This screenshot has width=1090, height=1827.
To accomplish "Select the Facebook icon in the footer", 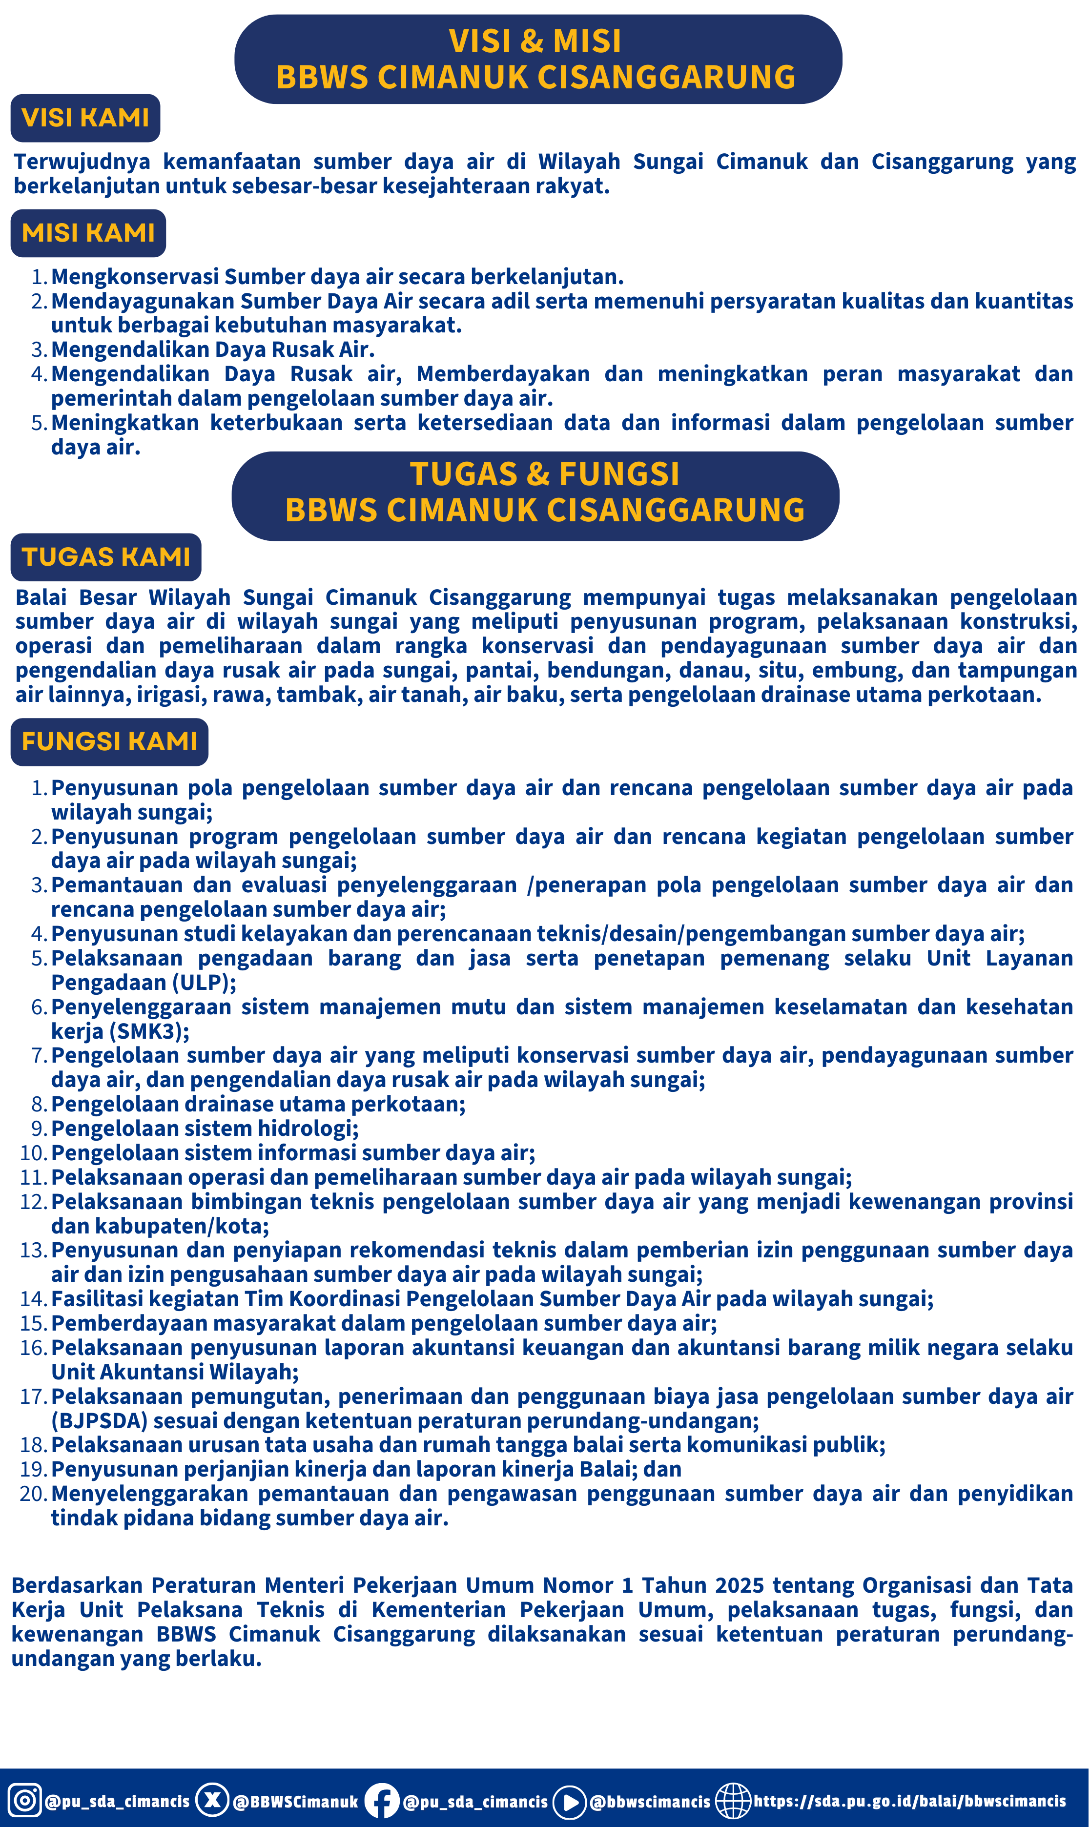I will click(x=382, y=1801).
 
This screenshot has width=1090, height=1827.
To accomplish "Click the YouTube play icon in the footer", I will click(x=569, y=1801).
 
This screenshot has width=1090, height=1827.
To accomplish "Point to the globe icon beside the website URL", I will click(x=733, y=1801).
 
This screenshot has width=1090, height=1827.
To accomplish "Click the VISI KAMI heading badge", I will click(x=85, y=118).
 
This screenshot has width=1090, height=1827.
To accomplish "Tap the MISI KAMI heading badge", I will click(x=88, y=233).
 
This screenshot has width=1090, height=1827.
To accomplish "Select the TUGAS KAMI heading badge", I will click(x=106, y=556).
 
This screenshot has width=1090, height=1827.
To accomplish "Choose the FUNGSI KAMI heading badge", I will click(x=109, y=741).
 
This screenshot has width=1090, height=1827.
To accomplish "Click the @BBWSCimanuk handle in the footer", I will click(x=295, y=1801).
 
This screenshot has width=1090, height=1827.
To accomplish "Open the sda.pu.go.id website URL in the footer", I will click(x=909, y=1801).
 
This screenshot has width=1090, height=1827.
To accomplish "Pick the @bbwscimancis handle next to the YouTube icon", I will click(x=650, y=1801).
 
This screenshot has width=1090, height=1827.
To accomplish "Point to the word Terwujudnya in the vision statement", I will click(x=82, y=162).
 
